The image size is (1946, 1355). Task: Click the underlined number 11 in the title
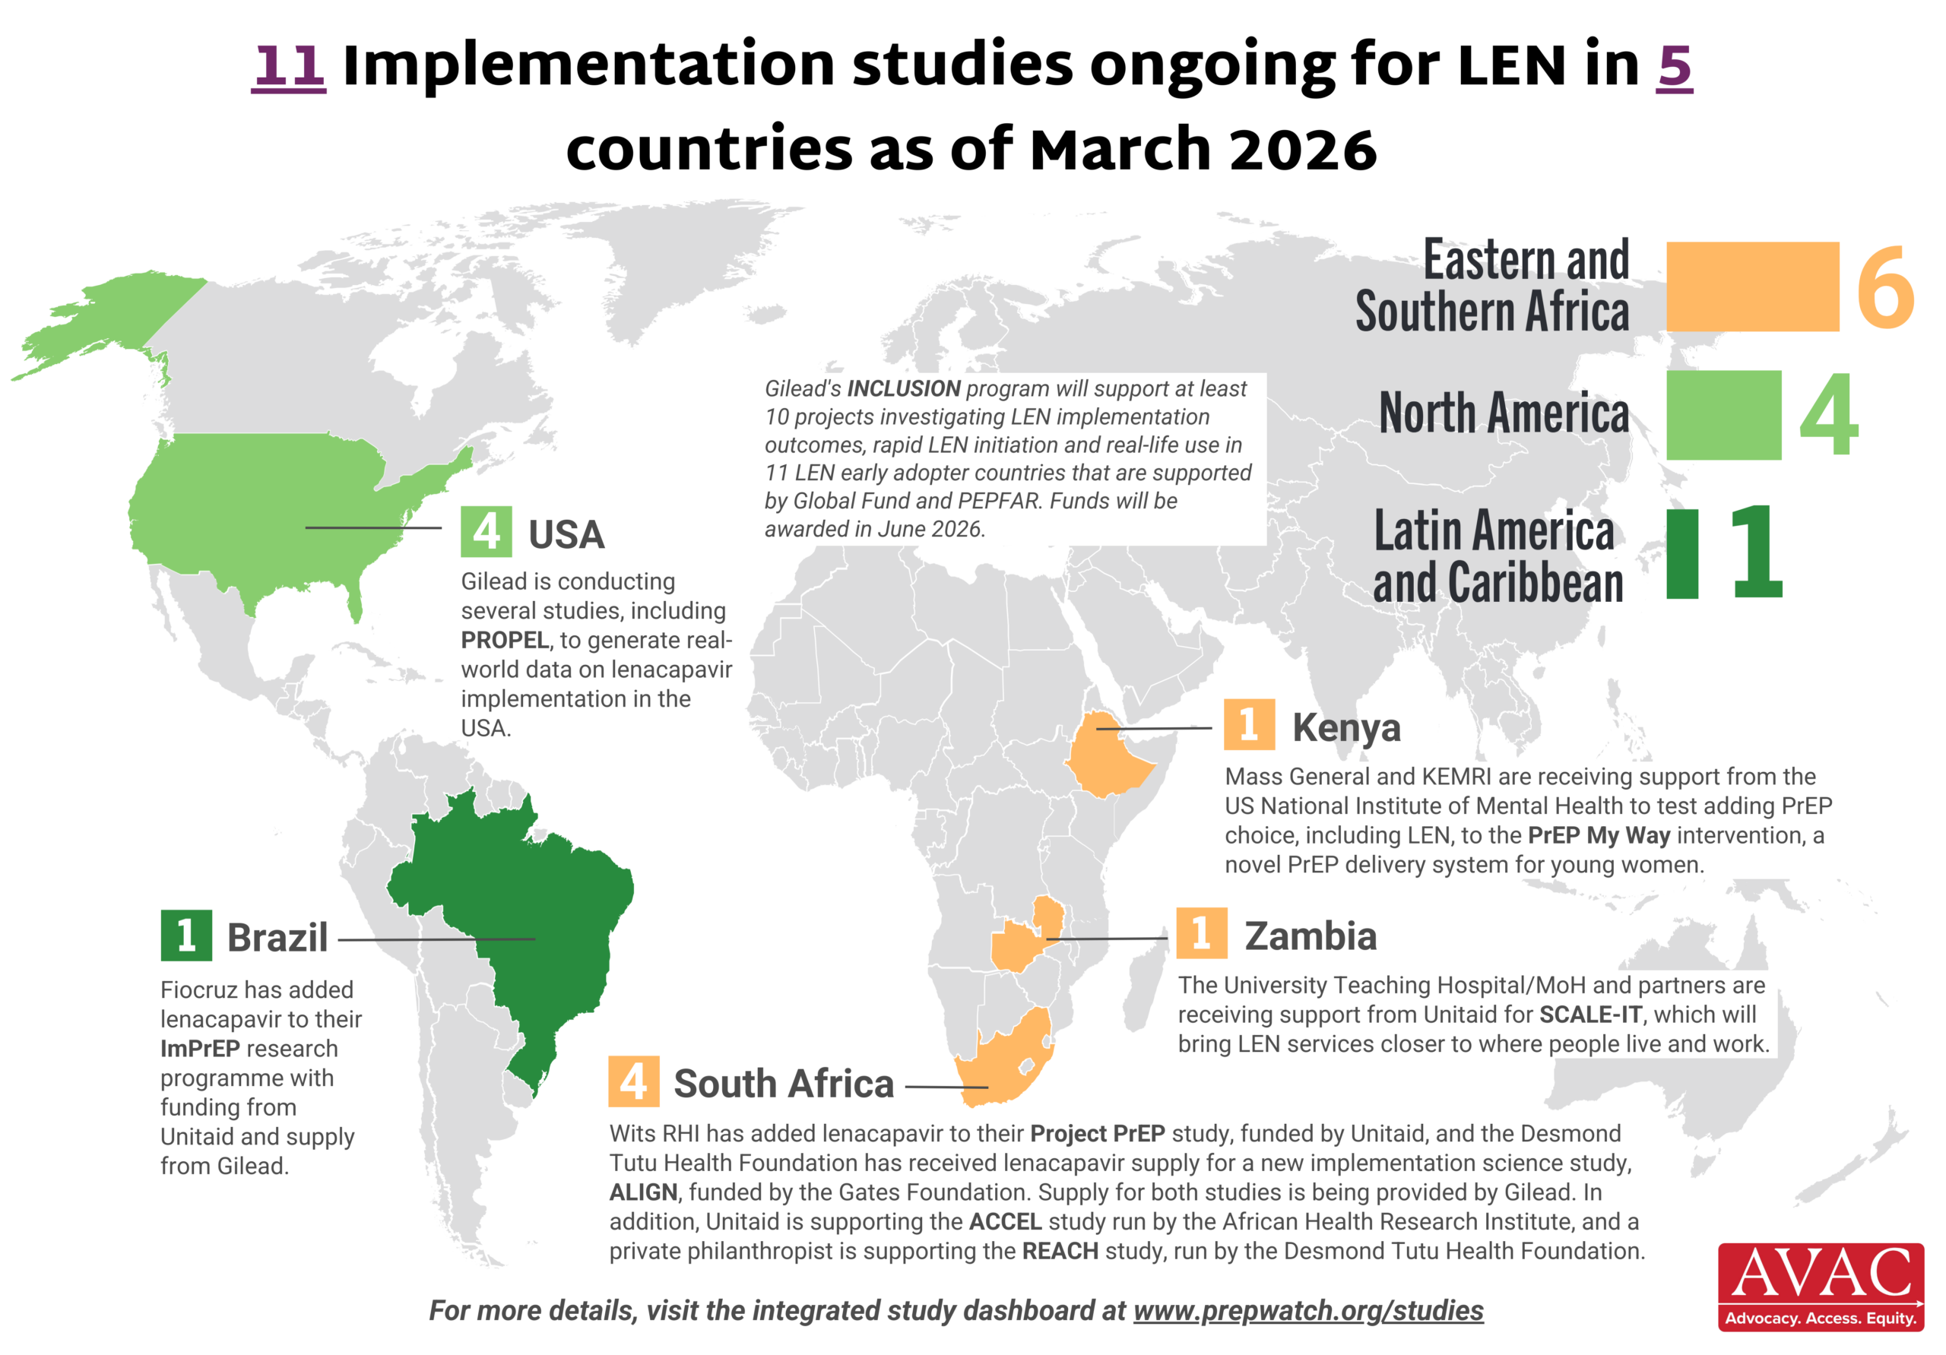coord(289,66)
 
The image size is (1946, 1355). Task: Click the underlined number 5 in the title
coord(1674,66)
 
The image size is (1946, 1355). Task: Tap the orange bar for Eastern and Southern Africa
coord(1752,287)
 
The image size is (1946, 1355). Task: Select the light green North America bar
coord(1723,415)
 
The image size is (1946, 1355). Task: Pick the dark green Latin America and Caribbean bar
coord(1681,554)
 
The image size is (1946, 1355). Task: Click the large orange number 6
coord(1884,288)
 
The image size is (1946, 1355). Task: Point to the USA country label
coord(566,535)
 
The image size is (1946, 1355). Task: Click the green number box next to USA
coord(486,531)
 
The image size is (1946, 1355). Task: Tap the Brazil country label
coord(277,937)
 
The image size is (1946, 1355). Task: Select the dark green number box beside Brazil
coord(186,936)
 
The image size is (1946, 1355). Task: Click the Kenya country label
coord(1346,727)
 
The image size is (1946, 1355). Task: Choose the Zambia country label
coord(1311,936)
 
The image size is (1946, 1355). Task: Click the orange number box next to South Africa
coord(633,1082)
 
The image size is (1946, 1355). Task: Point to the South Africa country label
coord(783,1084)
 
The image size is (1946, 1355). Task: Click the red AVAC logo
coord(1821,1287)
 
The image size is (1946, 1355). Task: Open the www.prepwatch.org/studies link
coord(1307,1310)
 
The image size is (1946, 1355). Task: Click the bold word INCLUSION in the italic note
coord(904,389)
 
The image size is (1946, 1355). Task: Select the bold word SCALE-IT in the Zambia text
coord(1591,1015)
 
